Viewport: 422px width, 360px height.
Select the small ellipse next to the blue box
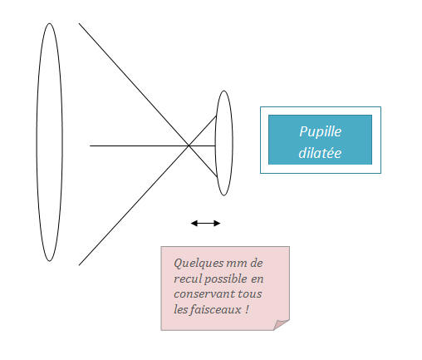point(223,143)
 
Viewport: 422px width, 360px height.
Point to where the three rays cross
point(189,145)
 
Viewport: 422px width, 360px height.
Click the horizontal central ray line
point(133,145)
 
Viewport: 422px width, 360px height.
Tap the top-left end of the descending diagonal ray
point(80,24)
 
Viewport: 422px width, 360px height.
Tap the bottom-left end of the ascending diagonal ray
point(80,264)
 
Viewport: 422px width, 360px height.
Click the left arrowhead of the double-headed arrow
point(193,223)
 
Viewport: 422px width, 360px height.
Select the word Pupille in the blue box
point(320,131)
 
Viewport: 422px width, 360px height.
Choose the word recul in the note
point(188,279)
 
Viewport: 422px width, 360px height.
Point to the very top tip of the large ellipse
point(49,23)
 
